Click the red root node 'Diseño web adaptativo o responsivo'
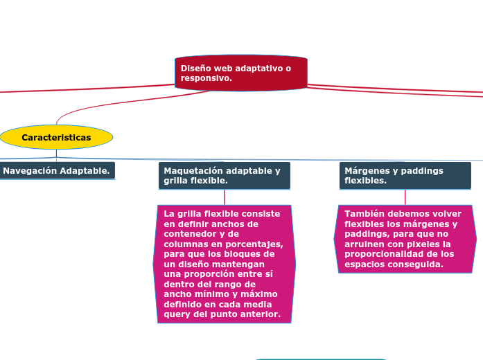(x=240, y=73)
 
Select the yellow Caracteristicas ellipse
(x=56, y=137)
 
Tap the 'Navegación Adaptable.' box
(x=57, y=170)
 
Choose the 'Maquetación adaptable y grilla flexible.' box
(x=224, y=175)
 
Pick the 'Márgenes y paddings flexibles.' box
(x=405, y=175)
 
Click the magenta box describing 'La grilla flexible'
(x=224, y=264)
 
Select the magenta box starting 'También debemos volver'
(x=405, y=239)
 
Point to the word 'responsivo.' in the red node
(x=207, y=78)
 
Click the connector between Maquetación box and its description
(x=224, y=197)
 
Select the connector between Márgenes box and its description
(x=405, y=197)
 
